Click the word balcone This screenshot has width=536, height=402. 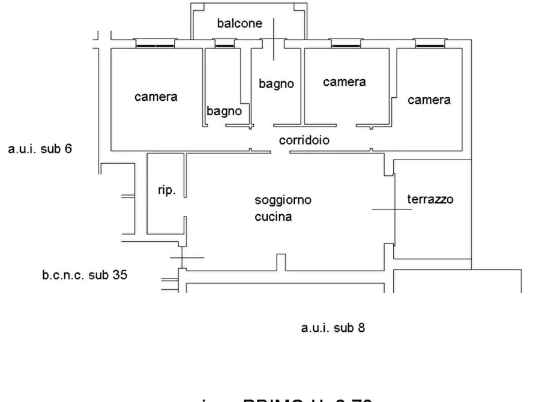pos(239,24)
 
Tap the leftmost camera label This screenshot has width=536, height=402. pos(155,97)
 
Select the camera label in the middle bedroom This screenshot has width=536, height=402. pos(344,82)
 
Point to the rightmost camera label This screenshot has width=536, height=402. pos(429,100)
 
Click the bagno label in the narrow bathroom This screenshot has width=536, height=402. pos(224,111)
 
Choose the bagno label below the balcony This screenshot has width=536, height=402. pos(276,84)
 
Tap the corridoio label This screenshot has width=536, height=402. pos(304,140)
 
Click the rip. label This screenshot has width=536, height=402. pos(166,191)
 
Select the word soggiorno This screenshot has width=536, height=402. pos(283,200)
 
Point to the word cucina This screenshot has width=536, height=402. pos(273,217)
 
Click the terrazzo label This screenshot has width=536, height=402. pos(430,200)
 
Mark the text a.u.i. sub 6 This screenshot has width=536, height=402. pos(40,149)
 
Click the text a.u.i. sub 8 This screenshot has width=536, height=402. pos(333,328)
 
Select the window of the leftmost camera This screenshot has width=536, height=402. pos(155,43)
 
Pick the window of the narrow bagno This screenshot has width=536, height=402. pos(224,43)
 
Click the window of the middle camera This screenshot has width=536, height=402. pos(347,43)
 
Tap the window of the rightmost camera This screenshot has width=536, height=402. pos(430,43)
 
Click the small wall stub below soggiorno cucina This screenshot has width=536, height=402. pos(280,262)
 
